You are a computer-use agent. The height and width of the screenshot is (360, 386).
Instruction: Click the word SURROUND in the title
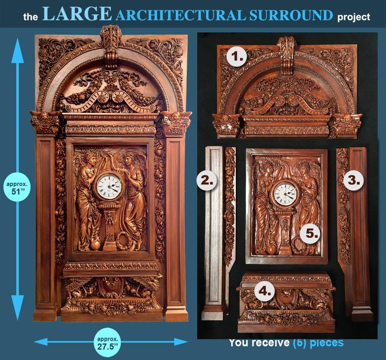(291, 15)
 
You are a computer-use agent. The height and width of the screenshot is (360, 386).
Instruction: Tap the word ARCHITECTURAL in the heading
(181, 16)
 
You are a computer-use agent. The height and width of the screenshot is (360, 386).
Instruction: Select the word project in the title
(353, 17)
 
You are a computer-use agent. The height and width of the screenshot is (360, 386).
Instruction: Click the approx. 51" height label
(17, 188)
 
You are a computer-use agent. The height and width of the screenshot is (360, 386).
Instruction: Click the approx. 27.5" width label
(107, 343)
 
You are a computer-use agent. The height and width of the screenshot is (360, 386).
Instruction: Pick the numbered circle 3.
(353, 180)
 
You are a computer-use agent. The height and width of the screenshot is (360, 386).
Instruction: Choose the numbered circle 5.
(312, 233)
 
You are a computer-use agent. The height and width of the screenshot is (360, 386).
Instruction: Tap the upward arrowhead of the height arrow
(18, 51)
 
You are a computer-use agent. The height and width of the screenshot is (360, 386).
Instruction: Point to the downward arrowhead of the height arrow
(18, 307)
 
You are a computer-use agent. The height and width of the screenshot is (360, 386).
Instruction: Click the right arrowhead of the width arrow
(181, 342)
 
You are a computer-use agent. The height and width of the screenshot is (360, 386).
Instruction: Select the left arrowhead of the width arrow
(41, 342)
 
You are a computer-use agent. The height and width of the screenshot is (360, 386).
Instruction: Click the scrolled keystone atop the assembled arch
(111, 46)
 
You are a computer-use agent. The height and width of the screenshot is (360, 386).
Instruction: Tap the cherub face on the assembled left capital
(45, 115)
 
